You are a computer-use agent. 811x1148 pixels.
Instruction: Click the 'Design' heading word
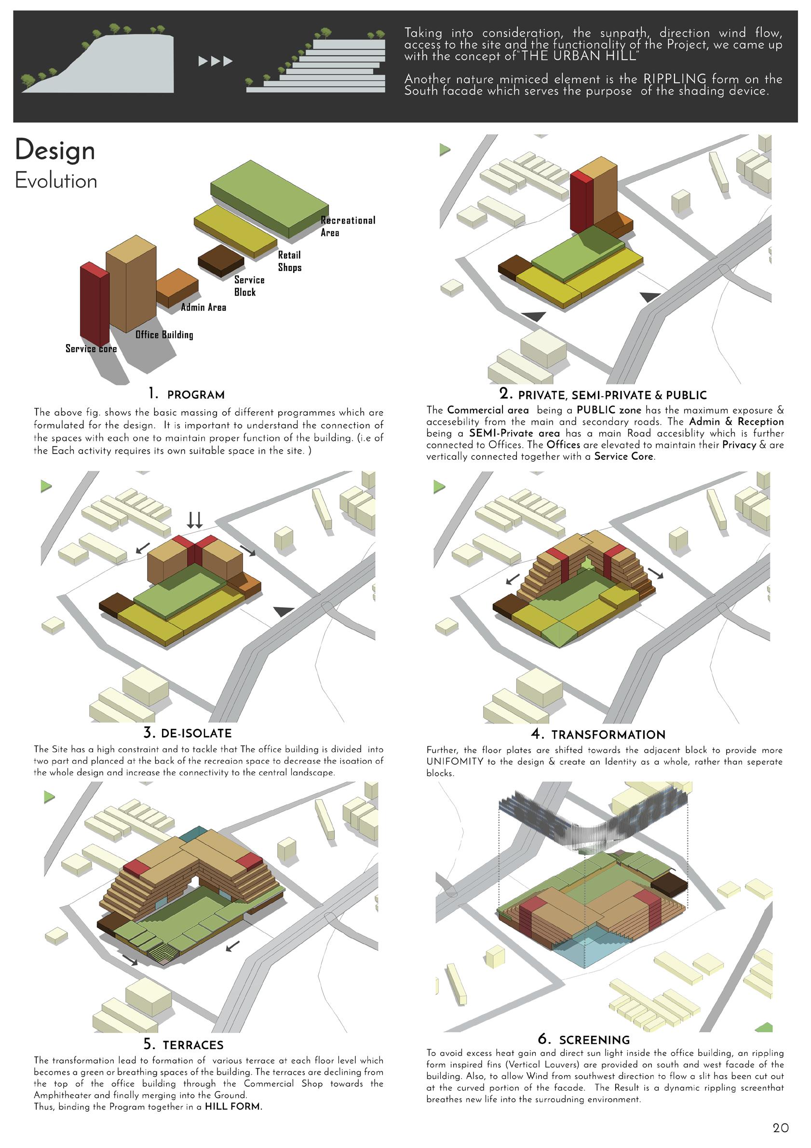tap(55, 150)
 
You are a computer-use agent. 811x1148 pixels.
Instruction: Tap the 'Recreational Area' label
tap(347, 227)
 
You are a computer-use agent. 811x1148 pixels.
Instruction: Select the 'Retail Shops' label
tap(290, 261)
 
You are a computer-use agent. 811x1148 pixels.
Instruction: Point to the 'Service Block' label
tap(249, 286)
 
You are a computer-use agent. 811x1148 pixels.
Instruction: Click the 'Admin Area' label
tap(203, 307)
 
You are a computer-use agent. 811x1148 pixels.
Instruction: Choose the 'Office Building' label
tap(164, 335)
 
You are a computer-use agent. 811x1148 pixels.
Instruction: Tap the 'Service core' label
tap(91, 349)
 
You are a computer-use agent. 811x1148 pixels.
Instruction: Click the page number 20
tap(781, 1128)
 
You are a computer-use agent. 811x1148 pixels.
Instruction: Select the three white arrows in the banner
tap(215, 62)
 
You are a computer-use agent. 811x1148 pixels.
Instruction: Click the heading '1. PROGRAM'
tap(186, 395)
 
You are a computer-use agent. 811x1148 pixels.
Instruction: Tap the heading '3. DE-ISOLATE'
tap(187, 734)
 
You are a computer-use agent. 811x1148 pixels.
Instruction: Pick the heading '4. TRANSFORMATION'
tap(598, 734)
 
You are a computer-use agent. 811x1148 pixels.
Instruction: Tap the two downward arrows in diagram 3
tap(195, 520)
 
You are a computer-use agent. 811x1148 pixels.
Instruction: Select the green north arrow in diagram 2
tap(445, 149)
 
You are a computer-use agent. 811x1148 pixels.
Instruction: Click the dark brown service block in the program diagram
tap(221, 260)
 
